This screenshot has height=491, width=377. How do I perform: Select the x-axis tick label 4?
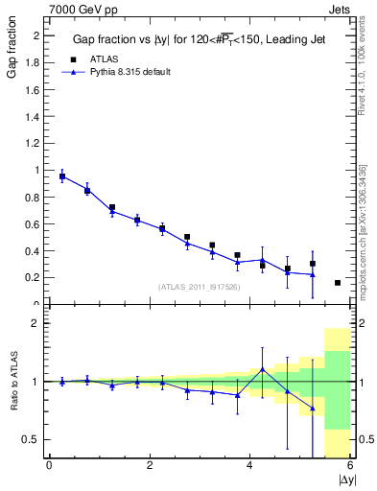coord(250,465)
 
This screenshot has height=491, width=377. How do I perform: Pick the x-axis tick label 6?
coord(350,465)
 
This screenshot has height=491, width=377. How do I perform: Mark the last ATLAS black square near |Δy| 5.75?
coord(338,283)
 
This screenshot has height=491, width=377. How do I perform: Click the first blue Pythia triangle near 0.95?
coord(62,176)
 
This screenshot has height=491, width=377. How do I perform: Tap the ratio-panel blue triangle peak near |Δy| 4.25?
coord(262,369)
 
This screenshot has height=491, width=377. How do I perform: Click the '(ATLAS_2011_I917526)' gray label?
coord(198,287)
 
